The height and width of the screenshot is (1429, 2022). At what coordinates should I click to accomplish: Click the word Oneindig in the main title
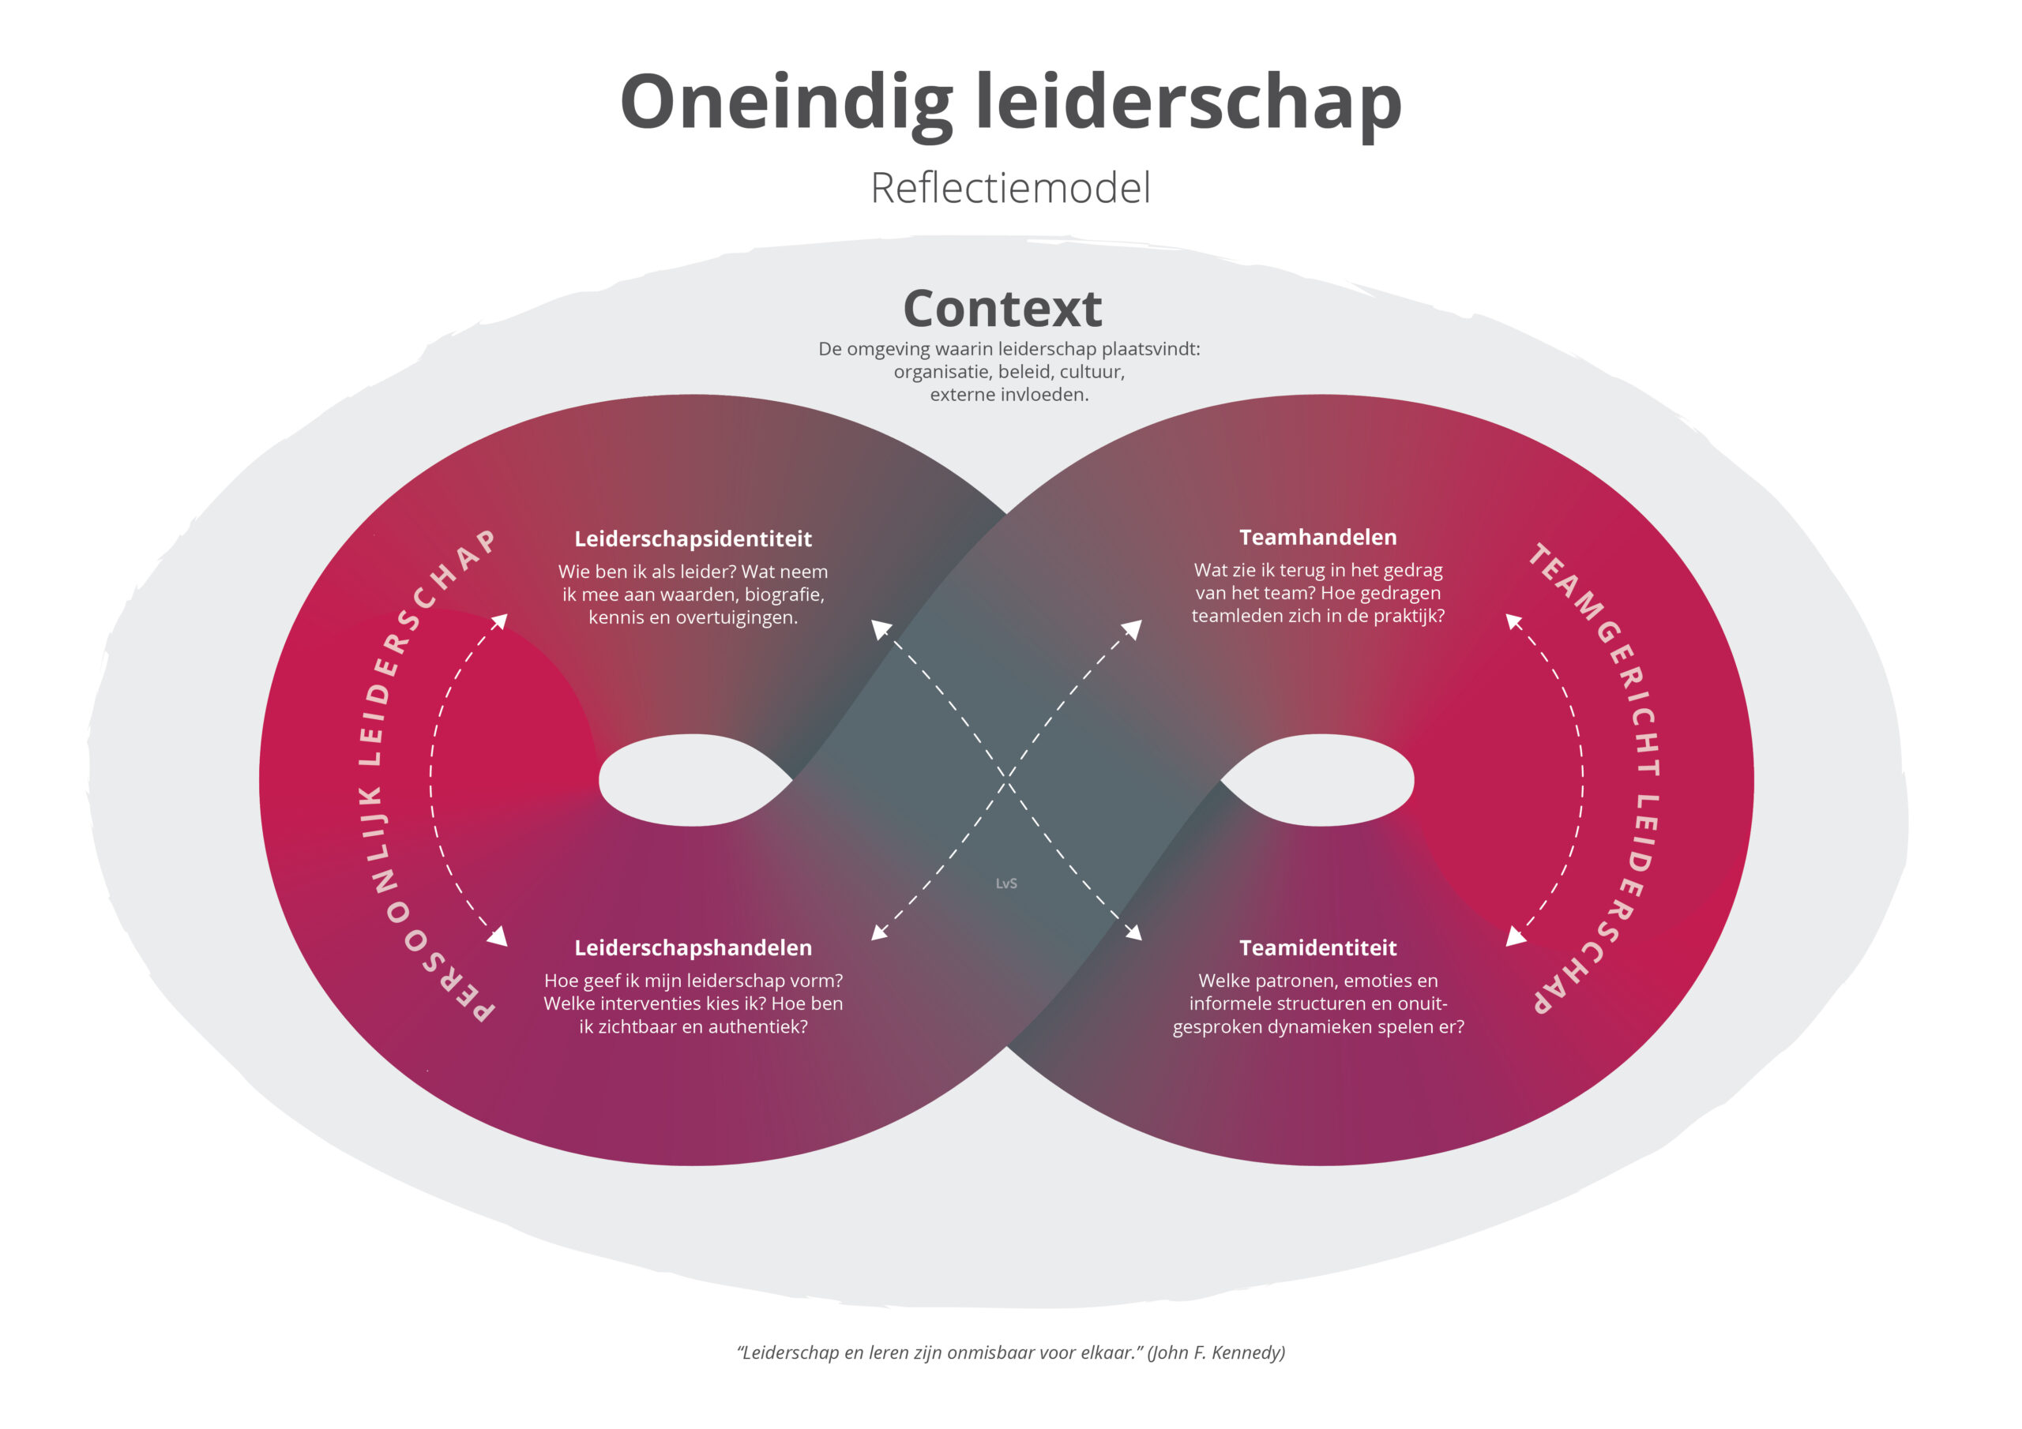pos(786,103)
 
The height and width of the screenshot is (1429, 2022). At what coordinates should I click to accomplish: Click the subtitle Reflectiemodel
pos(1010,188)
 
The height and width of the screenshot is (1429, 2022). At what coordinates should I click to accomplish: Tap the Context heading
pos(1002,308)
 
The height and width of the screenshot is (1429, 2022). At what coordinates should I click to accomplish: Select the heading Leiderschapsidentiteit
pos(692,539)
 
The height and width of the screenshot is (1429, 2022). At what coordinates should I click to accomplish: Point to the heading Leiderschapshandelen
pos(692,947)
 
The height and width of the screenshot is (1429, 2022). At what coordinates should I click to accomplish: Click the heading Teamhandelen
pos(1317,537)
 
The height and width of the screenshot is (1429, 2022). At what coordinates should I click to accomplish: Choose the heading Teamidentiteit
pos(1317,947)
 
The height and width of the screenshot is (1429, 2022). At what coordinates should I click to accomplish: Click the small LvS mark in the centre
pos(1005,883)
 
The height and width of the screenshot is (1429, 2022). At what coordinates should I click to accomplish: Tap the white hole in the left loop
pos(692,780)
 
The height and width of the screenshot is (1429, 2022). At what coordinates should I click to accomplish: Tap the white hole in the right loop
pos(1321,780)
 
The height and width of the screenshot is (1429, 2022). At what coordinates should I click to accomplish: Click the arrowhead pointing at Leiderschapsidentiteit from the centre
pos(879,627)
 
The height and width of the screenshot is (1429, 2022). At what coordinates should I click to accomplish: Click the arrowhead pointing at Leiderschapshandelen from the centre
pos(878,933)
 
